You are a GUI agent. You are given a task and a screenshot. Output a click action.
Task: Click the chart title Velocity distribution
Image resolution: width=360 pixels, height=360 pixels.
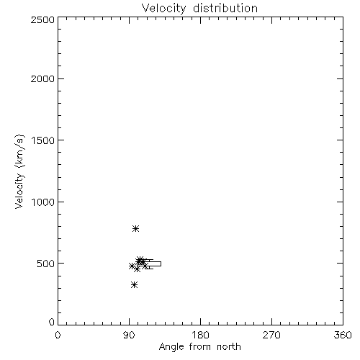coord(199,8)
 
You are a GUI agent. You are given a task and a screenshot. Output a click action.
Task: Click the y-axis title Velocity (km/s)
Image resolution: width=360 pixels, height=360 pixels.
coord(19,172)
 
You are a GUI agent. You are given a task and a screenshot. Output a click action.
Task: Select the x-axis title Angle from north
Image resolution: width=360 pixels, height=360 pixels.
coord(199,347)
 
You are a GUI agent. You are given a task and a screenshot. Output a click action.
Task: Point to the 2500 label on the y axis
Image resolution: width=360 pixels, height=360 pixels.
coord(42,19)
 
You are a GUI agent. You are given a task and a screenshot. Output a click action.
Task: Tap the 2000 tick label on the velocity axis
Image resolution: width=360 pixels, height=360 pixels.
coord(42,78)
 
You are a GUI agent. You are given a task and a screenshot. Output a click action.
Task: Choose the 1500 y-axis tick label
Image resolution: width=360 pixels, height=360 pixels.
coord(43,140)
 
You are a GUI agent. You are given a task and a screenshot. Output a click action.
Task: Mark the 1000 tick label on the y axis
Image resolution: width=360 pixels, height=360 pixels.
coord(43,202)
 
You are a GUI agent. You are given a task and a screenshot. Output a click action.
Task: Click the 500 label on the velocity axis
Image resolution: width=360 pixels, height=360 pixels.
coord(46,264)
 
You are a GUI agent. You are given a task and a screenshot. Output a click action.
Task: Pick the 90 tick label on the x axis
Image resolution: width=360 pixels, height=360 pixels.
coord(129,336)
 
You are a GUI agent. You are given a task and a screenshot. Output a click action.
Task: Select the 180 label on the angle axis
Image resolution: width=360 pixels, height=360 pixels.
coord(200,336)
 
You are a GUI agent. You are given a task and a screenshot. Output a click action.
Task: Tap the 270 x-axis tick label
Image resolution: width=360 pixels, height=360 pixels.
coord(271,336)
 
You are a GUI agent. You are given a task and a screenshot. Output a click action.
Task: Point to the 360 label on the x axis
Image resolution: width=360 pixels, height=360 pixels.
coord(343,336)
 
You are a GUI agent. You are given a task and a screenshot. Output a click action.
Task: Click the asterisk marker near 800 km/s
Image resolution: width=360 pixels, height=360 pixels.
coord(135,228)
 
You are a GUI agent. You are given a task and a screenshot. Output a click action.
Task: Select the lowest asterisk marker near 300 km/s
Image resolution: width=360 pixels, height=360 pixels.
coord(135,285)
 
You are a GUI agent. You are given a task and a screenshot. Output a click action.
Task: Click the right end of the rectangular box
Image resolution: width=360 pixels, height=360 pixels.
coord(161,264)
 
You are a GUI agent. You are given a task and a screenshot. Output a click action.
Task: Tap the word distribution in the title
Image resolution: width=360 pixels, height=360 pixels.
coord(225,8)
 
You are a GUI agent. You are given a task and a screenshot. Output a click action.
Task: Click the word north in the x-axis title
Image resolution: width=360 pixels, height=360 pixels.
coord(229,347)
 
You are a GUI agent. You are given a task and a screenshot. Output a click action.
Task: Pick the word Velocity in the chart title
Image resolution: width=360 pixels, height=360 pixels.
coord(164,9)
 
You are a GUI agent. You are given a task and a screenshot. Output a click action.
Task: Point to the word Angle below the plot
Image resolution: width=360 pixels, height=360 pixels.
coord(171,347)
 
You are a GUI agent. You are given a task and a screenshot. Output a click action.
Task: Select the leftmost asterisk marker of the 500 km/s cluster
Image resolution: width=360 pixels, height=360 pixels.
coord(132,266)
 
